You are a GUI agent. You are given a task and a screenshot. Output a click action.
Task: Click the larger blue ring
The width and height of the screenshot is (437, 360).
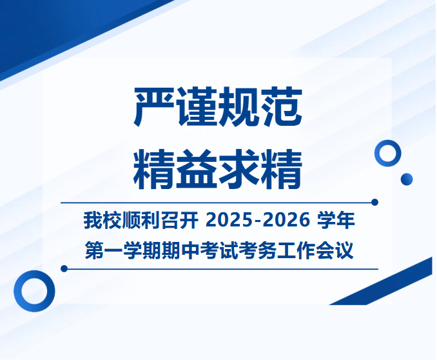click(34, 291)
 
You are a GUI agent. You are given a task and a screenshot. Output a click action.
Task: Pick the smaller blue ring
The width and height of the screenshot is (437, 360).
click(387, 154)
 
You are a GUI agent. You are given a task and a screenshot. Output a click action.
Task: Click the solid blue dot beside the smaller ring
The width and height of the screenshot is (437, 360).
click(406, 179)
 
